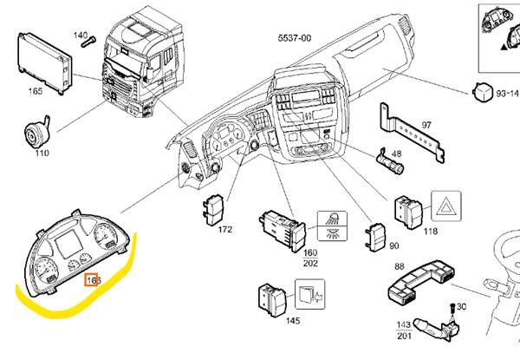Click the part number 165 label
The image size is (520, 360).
[36, 90]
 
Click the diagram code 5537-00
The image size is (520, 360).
[294, 38]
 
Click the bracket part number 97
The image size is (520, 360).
[426, 125]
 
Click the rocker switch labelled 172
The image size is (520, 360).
[213, 209]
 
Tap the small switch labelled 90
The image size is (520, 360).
[377, 235]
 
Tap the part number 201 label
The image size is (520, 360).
[404, 335]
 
